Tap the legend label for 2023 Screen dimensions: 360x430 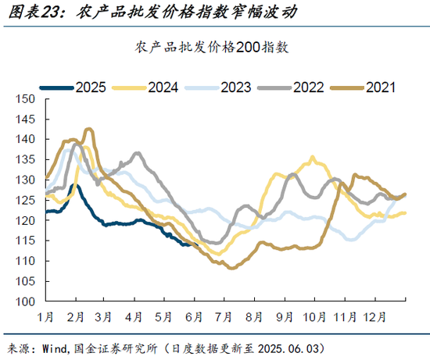(235, 87)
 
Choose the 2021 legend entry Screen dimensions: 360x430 (379, 87)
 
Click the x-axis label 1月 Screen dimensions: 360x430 (45, 317)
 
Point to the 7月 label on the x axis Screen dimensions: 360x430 (224, 317)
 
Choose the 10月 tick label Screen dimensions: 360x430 (314, 317)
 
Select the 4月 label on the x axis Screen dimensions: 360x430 (134, 317)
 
